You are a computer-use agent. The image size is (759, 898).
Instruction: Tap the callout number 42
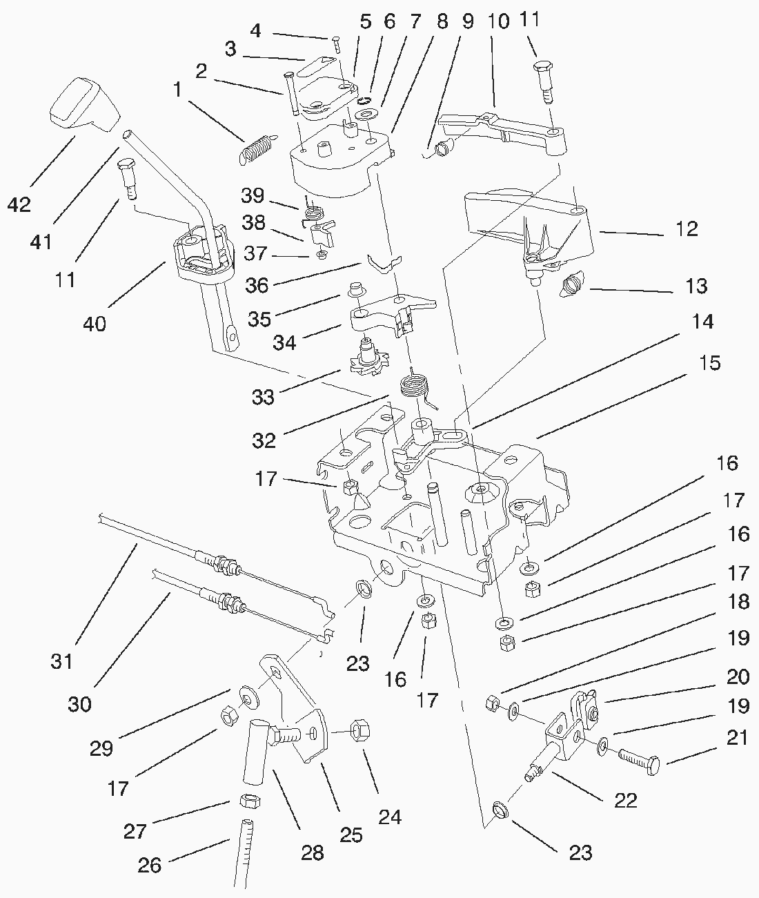coord(20,204)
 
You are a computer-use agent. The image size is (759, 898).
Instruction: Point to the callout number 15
coord(710,362)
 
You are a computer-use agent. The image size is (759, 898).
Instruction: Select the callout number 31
coord(61,661)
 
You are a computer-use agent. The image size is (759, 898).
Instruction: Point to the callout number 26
coord(150,865)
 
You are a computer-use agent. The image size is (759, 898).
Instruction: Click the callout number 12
coord(687,228)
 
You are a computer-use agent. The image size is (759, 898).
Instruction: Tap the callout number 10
coord(498,21)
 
